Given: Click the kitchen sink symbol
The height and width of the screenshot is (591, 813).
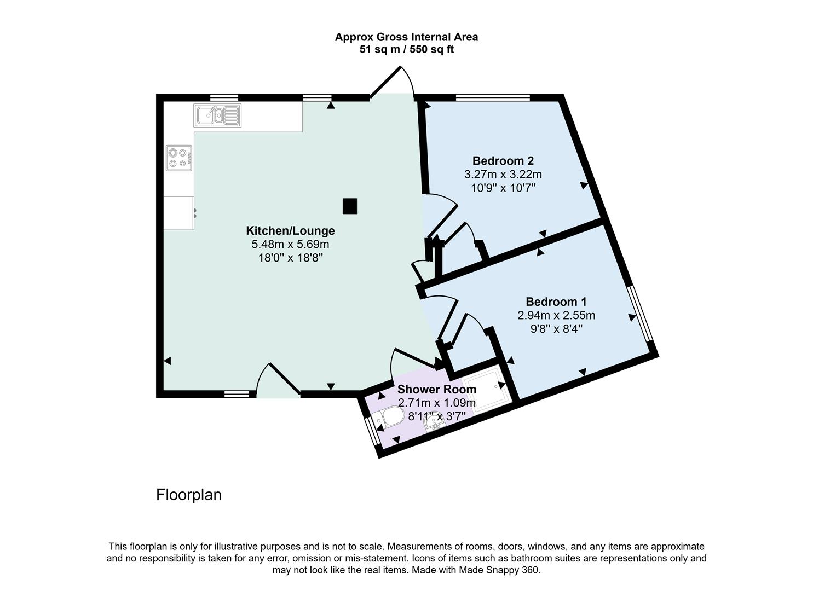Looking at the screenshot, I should (217, 115).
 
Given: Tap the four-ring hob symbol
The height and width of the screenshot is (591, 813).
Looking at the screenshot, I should (179, 158).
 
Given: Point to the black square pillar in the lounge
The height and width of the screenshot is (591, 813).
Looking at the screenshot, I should (350, 206).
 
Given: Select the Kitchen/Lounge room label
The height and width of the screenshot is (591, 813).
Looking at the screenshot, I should (290, 230).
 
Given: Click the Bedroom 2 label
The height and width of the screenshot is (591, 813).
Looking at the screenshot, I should (503, 161).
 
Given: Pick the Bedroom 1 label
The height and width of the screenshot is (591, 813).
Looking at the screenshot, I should (556, 302).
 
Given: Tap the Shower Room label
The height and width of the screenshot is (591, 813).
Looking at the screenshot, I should (436, 389).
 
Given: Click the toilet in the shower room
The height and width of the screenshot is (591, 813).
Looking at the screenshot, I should (388, 419).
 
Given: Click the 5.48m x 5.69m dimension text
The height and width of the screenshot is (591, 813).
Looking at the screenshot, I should (290, 244).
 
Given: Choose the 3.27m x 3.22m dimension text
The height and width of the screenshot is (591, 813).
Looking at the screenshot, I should (503, 175).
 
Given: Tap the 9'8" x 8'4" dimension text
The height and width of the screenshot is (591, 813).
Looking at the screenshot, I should (556, 329).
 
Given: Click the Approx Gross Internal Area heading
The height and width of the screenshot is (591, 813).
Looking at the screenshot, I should (406, 37).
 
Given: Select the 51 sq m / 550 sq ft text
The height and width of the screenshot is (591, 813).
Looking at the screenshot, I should (406, 50).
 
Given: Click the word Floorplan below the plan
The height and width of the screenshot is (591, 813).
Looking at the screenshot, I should (189, 495).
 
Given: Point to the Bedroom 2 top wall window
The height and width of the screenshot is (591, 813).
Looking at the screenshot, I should (493, 97).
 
